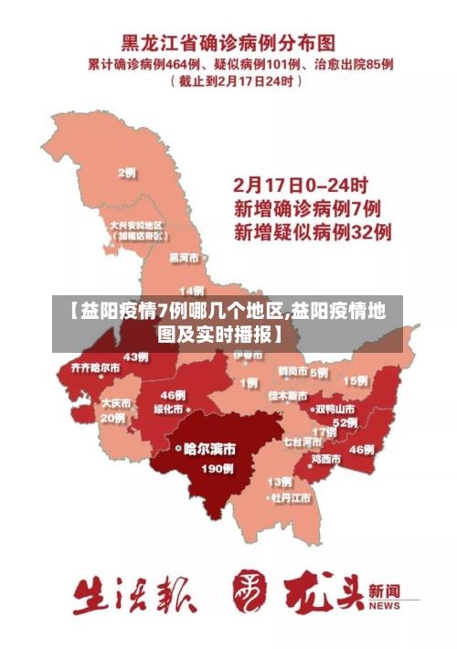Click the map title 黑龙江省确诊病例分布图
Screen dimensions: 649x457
[228, 43]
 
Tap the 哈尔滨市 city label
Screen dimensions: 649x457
[209, 449]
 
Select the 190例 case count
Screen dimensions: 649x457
[217, 468]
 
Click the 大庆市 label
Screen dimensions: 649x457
[115, 402]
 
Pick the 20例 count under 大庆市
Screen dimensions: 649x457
[113, 418]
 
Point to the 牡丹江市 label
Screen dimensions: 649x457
[290, 498]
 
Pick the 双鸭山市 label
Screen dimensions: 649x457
[335, 409]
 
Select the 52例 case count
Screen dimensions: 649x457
[345, 422]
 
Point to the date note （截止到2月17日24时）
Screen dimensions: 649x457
[236, 80]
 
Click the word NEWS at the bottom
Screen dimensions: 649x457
[385, 605]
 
